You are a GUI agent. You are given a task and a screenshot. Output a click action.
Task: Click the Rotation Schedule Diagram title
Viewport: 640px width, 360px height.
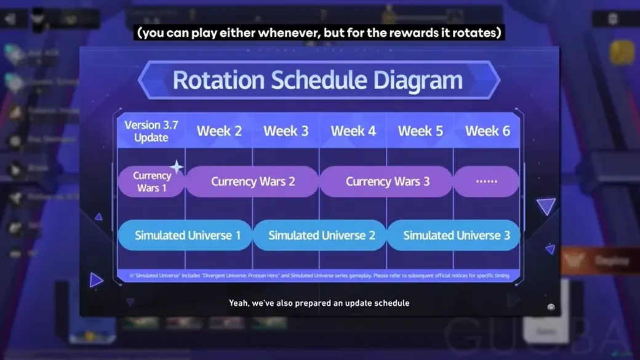[318, 80]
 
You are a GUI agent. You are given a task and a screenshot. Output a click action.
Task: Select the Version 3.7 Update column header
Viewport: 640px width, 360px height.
[151, 131]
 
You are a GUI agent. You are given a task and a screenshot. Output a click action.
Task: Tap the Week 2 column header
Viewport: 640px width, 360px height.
[219, 131]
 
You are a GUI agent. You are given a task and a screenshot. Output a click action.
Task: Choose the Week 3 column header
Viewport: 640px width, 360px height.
[286, 131]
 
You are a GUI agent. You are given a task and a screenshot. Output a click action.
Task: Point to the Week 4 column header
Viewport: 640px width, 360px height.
[353, 131]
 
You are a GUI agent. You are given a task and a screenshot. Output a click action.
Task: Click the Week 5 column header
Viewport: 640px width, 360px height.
[420, 131]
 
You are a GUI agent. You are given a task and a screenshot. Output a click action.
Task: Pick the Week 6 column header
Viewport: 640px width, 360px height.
[487, 131]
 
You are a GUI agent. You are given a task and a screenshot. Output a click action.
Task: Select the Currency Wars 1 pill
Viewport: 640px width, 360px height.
[151, 182]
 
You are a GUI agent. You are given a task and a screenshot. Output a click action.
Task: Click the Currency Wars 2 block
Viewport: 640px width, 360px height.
[253, 182]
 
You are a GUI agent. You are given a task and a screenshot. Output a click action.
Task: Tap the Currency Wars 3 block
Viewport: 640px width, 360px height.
[387, 182]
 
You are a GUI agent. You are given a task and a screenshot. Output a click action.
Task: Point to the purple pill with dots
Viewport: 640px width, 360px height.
[486, 182]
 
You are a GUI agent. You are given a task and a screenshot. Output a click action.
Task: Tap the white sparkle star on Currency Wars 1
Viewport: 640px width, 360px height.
[177, 167]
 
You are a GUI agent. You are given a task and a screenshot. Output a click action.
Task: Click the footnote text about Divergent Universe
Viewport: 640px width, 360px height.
[318, 275]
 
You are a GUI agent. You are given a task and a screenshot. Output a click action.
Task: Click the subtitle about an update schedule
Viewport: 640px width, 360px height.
[319, 303]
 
